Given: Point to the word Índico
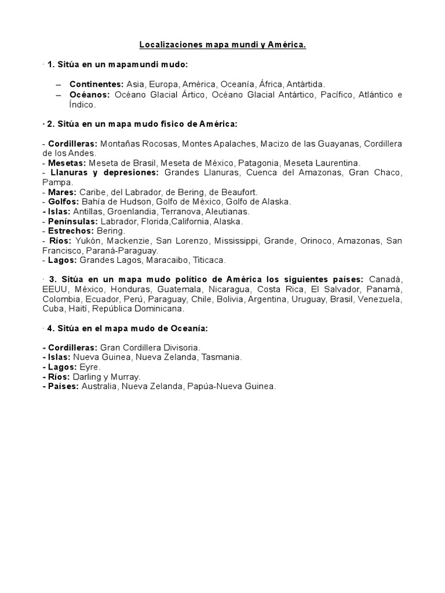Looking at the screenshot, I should pyautogui.click(x=82, y=105).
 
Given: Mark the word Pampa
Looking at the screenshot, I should pyautogui.click(x=55, y=182).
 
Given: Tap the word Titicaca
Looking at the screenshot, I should pyautogui.click(x=208, y=260).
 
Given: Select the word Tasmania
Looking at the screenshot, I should pyautogui.click(x=221, y=357).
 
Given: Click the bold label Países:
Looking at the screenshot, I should pyautogui.click(x=61, y=386).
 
